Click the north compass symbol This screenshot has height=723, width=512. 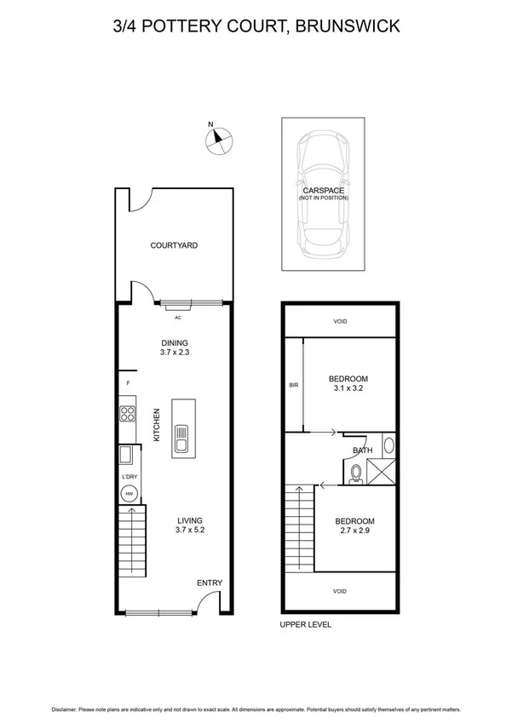[x=220, y=139]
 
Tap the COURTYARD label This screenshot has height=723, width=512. [x=174, y=245]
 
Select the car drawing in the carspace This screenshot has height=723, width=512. [x=323, y=195]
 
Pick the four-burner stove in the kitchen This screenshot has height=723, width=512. [x=128, y=416]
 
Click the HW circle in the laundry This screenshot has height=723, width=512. [x=129, y=493]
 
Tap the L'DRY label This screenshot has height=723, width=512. [x=129, y=477]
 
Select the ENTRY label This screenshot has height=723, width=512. [x=210, y=583]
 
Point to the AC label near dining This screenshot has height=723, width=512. [x=178, y=318]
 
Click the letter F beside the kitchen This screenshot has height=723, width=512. [x=128, y=385]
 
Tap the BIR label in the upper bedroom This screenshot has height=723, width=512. [x=294, y=385]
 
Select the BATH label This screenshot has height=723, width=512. [x=362, y=450]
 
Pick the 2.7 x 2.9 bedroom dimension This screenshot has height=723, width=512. [x=354, y=531]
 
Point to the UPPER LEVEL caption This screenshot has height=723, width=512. [x=306, y=625]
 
